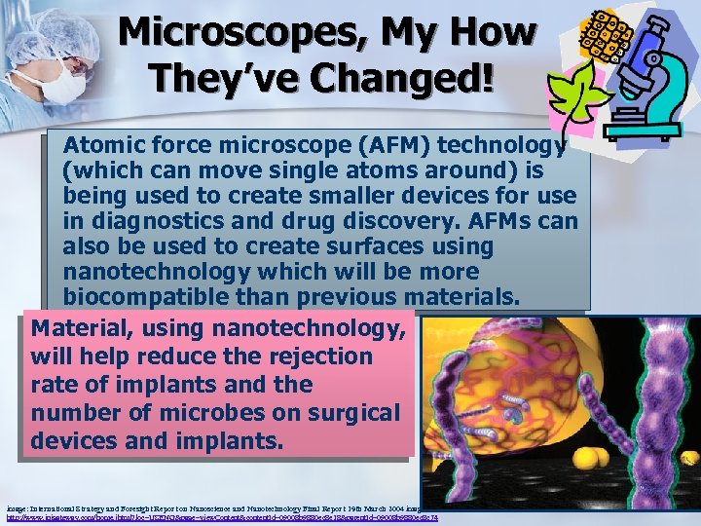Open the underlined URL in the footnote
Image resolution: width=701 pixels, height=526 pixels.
click(219, 517)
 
